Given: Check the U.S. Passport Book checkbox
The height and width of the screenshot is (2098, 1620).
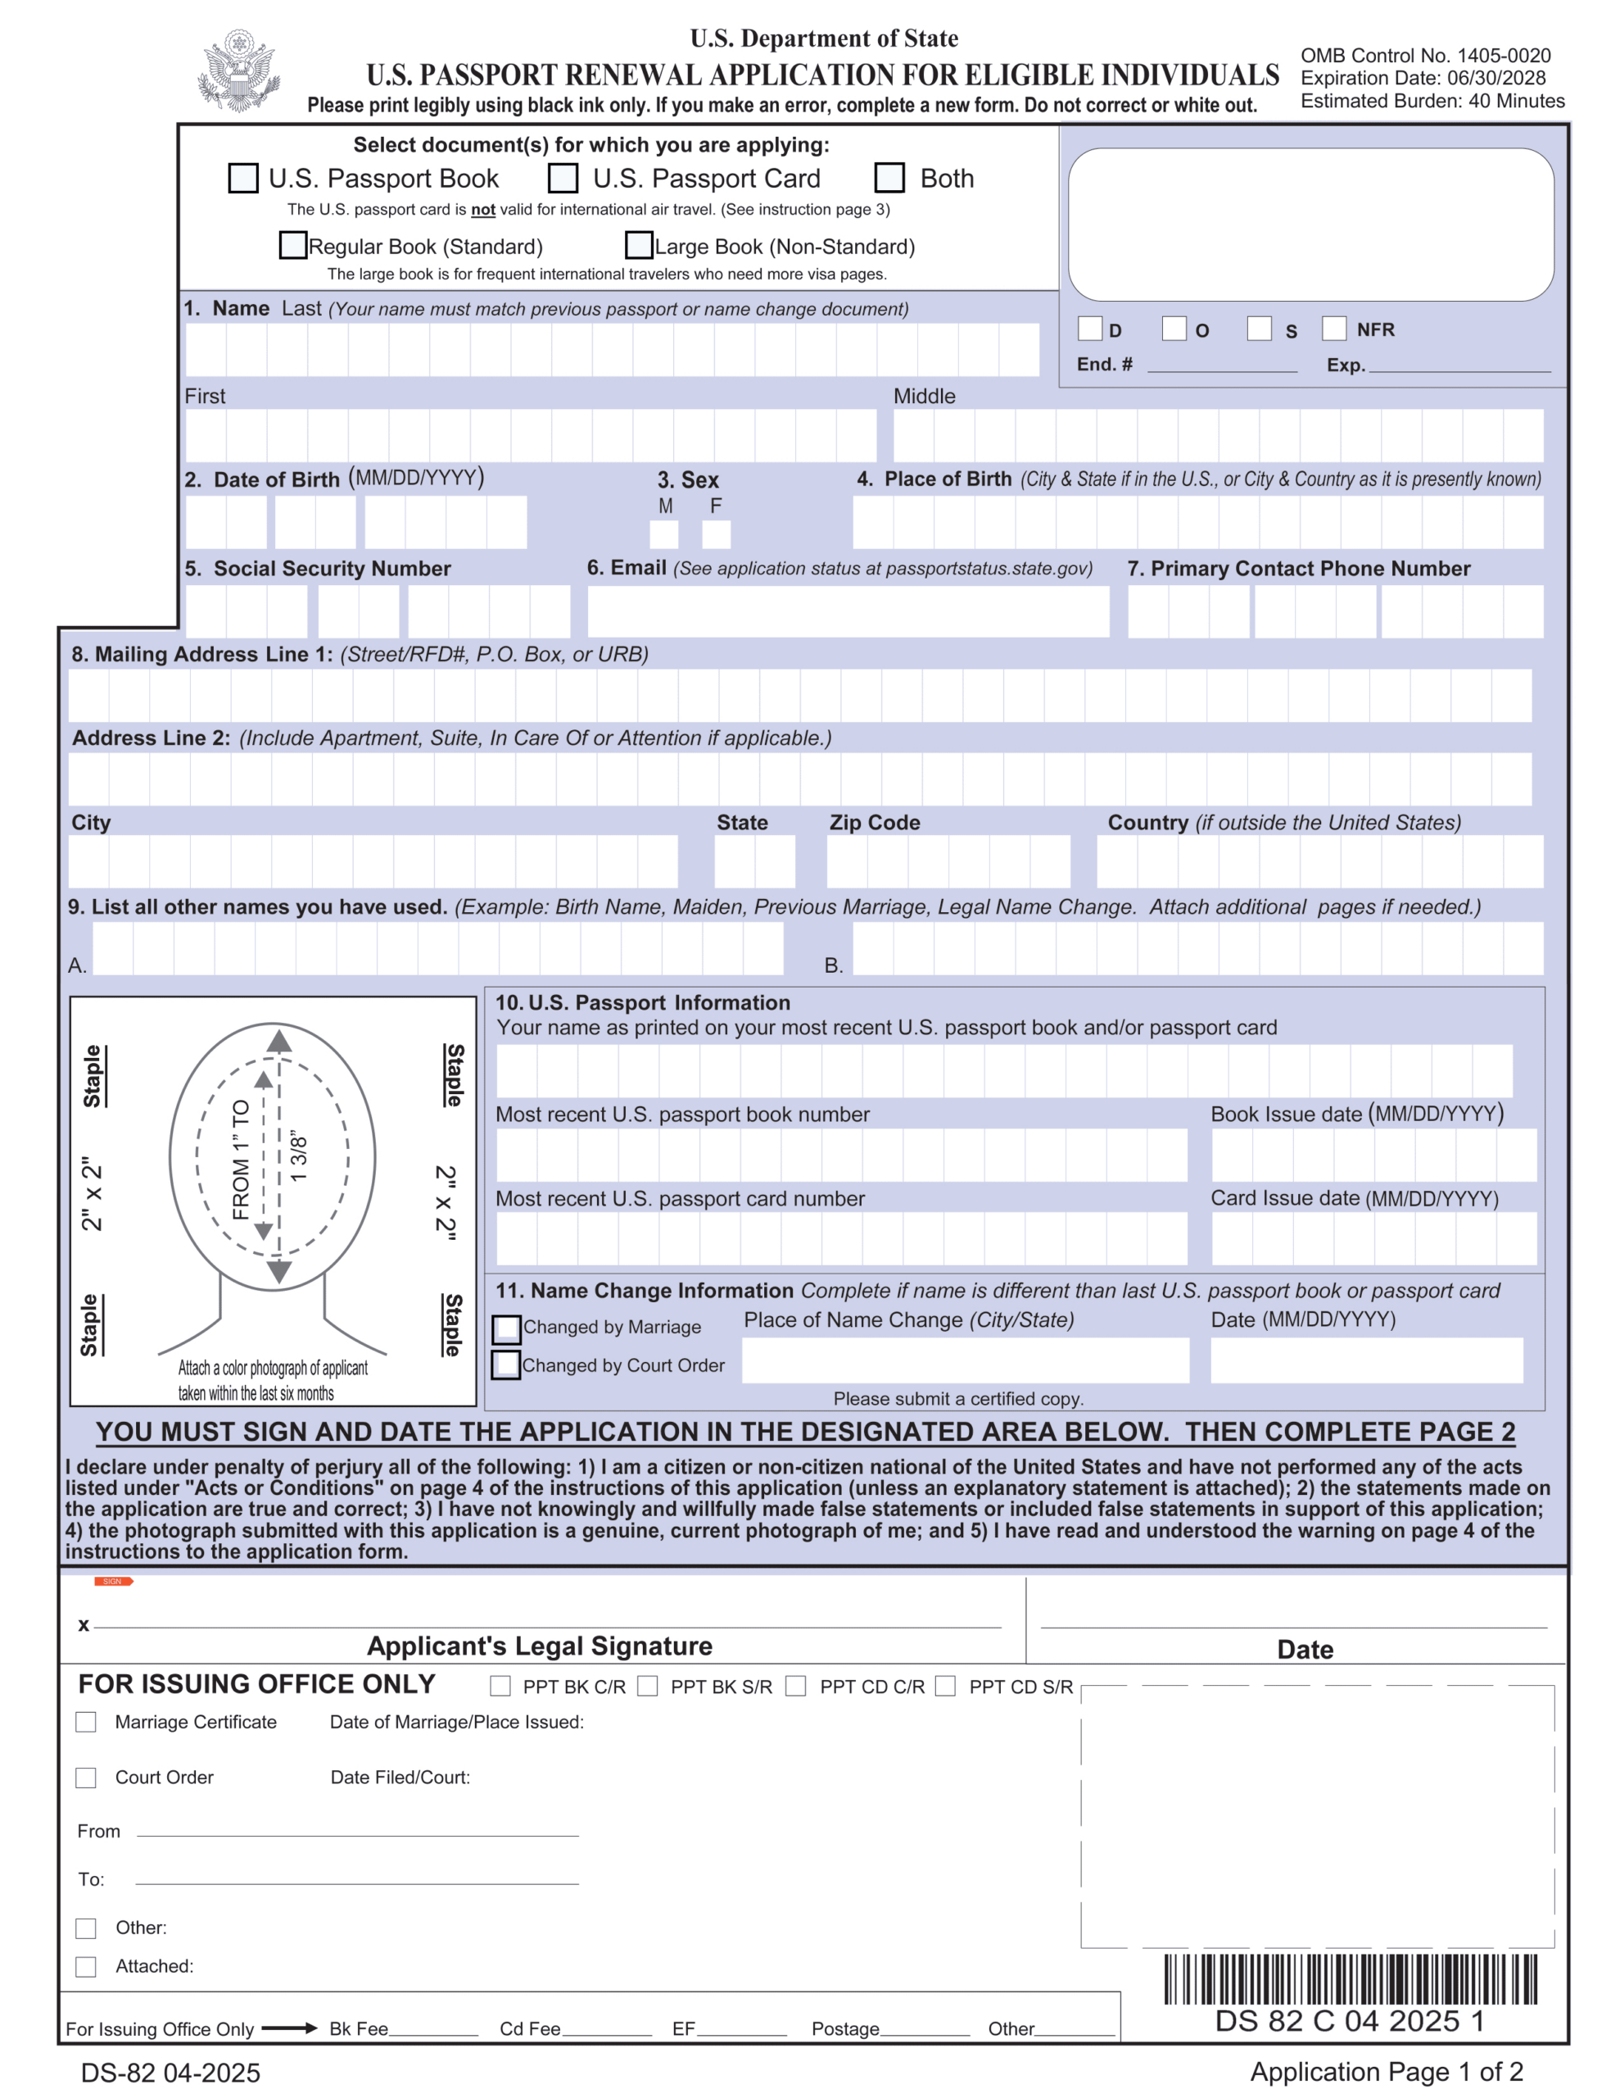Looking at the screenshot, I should [243, 178].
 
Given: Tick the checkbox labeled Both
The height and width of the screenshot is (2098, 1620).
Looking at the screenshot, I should [889, 178].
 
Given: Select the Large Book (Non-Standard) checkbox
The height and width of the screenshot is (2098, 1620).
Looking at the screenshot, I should [639, 245].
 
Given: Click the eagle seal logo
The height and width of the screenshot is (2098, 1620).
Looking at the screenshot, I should [238, 70].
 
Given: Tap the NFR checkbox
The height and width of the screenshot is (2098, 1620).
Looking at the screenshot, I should [1334, 329].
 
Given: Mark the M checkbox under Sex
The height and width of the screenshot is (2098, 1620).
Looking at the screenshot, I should [664, 534].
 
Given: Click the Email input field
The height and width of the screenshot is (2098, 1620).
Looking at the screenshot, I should [848, 612].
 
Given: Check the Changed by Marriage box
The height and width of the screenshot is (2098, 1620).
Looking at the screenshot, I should [507, 1328].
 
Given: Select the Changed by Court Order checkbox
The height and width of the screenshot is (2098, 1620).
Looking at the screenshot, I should [506, 1365].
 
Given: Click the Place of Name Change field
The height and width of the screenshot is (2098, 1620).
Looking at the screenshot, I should [965, 1360].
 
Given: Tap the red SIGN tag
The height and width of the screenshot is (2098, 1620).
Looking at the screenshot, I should [113, 1581].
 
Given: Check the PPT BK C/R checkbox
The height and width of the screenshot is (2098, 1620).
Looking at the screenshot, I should [500, 1686].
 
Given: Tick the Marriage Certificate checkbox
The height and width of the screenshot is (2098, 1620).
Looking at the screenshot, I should [87, 1723].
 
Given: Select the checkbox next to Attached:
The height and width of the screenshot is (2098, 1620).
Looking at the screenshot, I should [87, 1966].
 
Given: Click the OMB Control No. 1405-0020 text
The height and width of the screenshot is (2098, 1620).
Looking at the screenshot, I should [1425, 56].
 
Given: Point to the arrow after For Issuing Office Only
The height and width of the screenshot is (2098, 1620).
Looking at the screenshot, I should [289, 2028].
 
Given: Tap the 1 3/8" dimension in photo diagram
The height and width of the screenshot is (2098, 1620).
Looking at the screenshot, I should [299, 1157].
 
